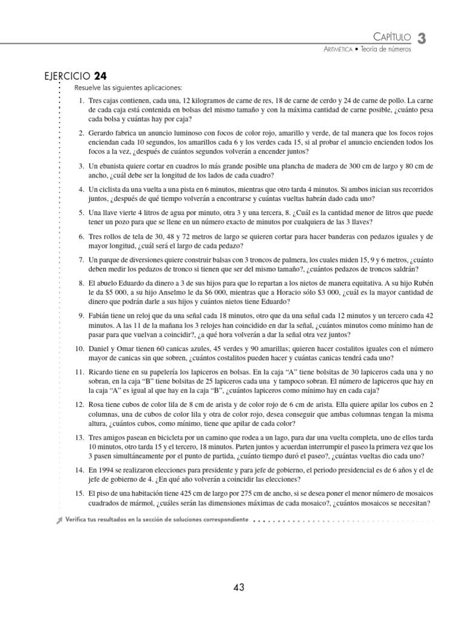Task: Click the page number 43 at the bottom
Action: pos(238,587)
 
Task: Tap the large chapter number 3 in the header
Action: pos(422,38)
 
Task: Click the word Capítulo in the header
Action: pos(391,38)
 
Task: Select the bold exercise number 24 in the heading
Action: pos(101,77)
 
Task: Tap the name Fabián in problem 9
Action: pos(100,316)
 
